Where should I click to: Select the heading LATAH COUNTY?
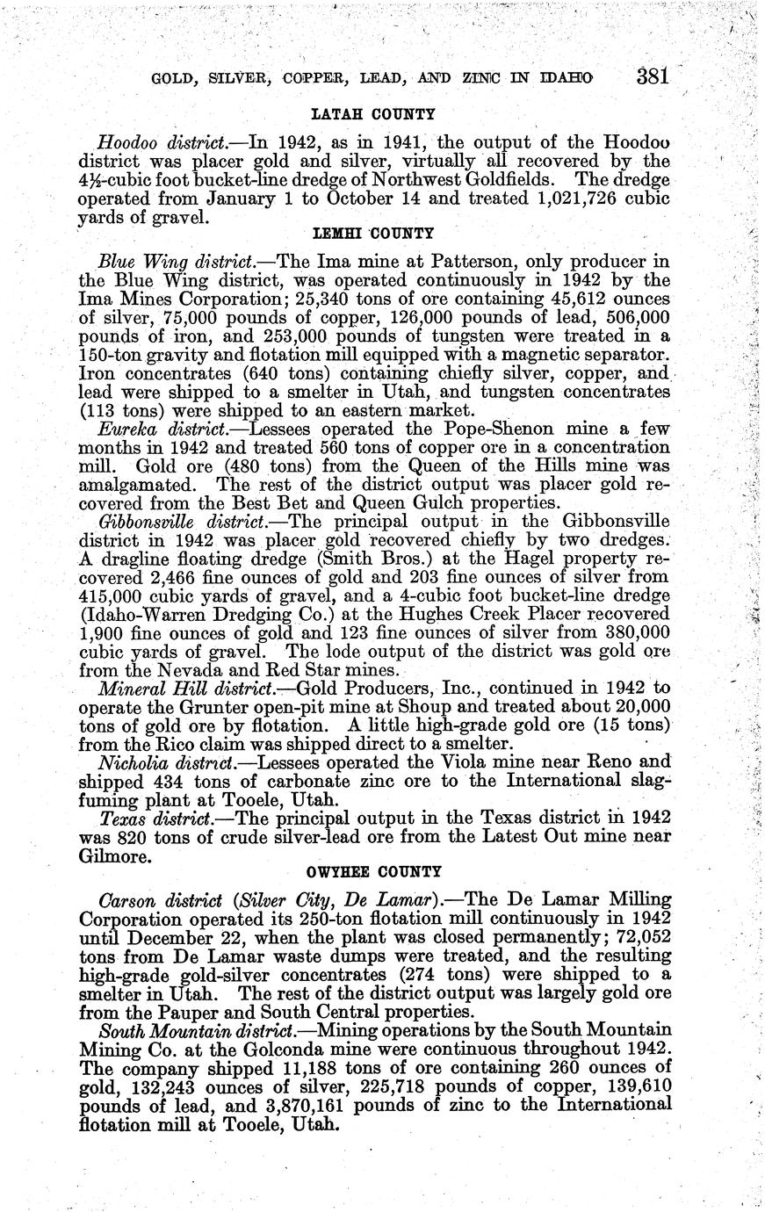coord(373,115)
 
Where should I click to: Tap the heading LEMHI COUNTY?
coord(373,234)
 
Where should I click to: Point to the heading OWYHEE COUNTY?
coord(373,871)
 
